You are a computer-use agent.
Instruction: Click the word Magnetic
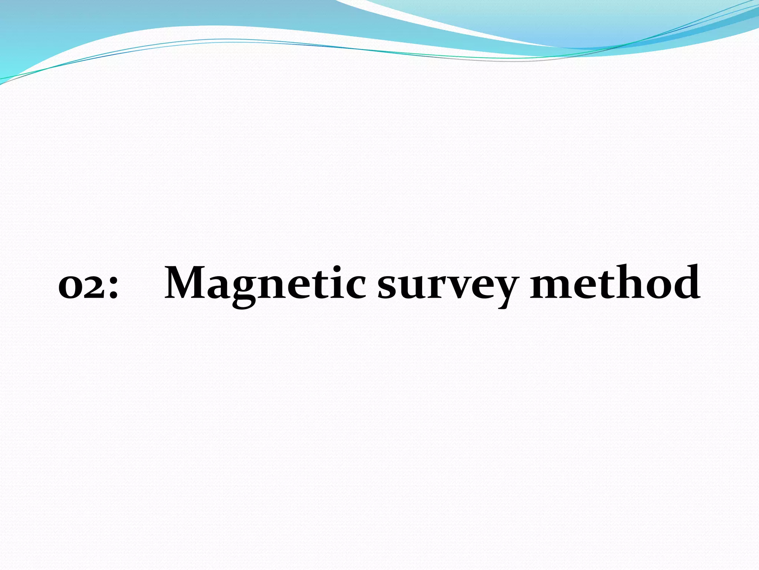(x=265, y=284)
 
